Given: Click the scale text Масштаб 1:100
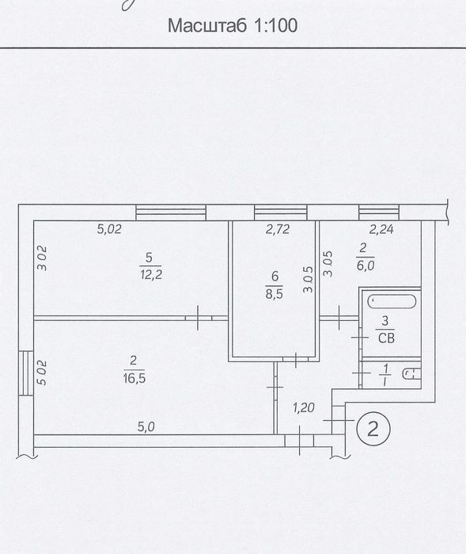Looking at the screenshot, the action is (x=233, y=25).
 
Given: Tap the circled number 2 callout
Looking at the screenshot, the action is (x=373, y=428).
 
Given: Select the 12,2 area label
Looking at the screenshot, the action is (x=151, y=274).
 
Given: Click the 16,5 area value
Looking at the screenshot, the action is (x=134, y=378).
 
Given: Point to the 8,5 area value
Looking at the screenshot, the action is (x=274, y=293).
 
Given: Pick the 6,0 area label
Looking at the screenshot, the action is (x=365, y=265).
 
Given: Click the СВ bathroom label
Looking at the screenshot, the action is (x=386, y=338).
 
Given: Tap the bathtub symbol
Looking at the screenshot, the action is (x=392, y=301).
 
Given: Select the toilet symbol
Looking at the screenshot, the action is (x=411, y=374).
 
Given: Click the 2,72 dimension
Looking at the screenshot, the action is (x=278, y=230).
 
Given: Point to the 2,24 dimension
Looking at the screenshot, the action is (x=381, y=230).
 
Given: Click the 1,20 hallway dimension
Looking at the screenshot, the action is (x=303, y=408).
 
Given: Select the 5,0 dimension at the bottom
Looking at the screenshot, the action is (x=146, y=427).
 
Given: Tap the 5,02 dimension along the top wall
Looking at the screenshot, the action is (x=109, y=229).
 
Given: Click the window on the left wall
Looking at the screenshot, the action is (x=26, y=373).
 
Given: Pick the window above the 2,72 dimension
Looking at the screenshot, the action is (x=280, y=212).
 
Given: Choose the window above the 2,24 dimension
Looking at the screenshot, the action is (x=379, y=212).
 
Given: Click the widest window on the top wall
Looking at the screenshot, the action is (x=171, y=212).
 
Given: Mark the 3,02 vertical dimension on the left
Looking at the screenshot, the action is (x=42, y=258).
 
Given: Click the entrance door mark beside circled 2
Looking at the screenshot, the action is (x=339, y=420).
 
